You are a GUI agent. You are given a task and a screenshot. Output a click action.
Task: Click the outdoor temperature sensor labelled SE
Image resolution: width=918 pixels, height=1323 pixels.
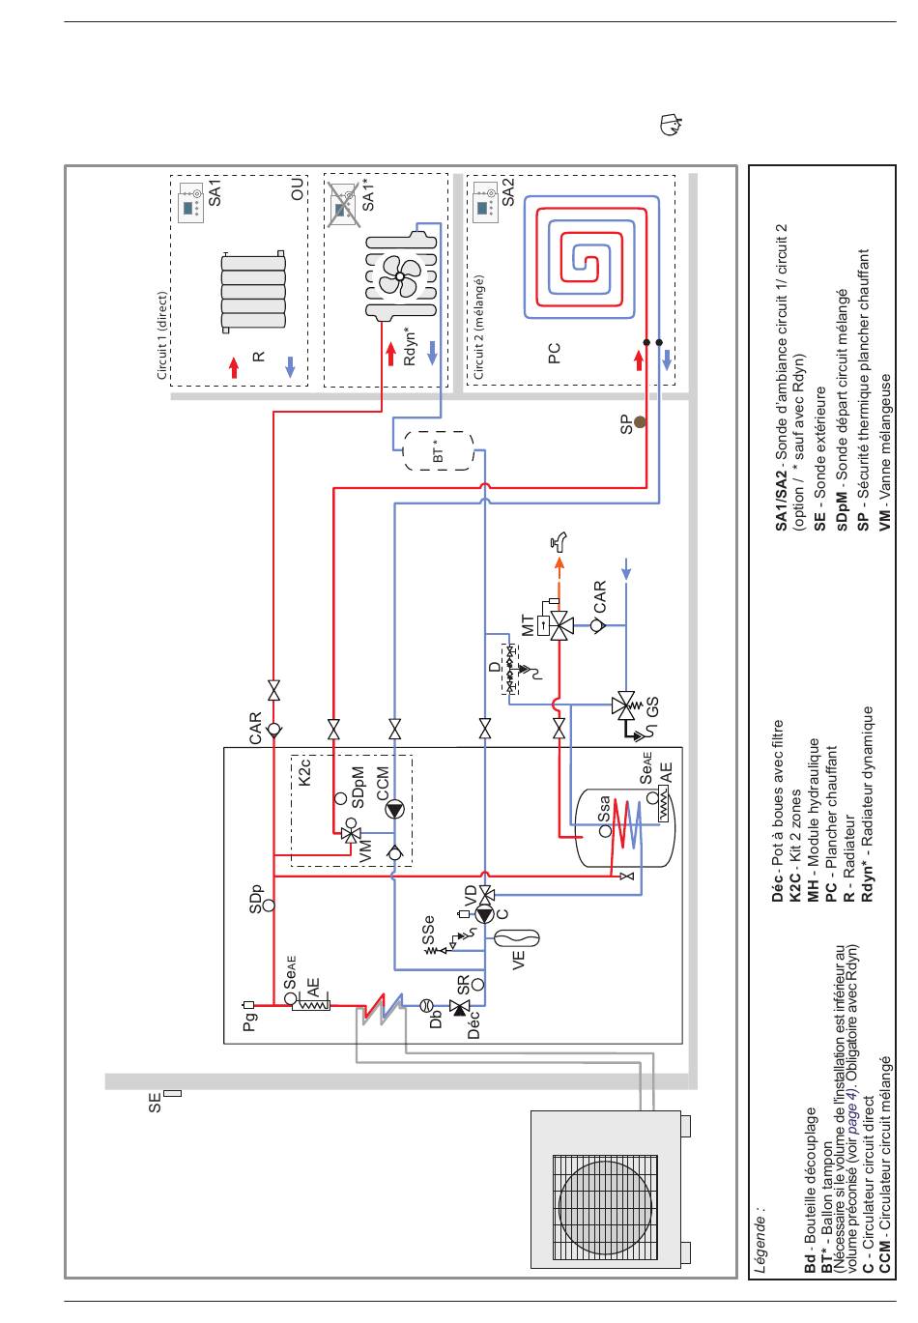[173, 1093]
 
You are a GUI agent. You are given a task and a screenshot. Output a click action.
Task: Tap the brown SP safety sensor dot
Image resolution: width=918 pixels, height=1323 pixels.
[639, 421]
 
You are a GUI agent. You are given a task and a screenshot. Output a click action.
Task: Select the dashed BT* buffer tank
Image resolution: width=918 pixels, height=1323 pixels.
[438, 450]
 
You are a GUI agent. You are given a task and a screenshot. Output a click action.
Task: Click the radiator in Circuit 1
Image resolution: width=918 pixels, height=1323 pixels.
[253, 291]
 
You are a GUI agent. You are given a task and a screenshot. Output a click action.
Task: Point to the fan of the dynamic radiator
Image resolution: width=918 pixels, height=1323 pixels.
[400, 275]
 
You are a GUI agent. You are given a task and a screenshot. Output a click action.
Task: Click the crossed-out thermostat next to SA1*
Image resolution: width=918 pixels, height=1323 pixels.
[344, 204]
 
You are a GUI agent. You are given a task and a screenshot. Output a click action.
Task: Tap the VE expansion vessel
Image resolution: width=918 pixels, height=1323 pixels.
[516, 937]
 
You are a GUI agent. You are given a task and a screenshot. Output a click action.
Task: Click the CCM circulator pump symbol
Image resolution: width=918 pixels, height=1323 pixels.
[394, 811]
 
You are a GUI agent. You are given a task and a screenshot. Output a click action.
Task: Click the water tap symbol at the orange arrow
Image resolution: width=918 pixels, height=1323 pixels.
[559, 540]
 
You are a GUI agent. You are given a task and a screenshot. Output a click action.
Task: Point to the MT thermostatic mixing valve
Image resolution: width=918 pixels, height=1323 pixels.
[559, 624]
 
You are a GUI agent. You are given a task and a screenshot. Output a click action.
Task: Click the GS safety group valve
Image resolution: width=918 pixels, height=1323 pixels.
[624, 705]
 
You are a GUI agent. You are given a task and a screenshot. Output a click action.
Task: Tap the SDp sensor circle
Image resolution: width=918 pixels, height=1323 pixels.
[269, 905]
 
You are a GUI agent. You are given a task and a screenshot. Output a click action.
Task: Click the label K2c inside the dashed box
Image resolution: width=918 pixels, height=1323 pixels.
[304, 772]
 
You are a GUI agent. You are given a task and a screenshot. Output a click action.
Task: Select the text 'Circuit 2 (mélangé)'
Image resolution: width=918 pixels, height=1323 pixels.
[478, 327]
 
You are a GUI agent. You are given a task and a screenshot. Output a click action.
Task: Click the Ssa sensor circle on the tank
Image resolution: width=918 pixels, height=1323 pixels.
[606, 830]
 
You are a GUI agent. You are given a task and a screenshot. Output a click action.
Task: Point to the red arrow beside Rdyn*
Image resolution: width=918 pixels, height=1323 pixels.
[390, 355]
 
